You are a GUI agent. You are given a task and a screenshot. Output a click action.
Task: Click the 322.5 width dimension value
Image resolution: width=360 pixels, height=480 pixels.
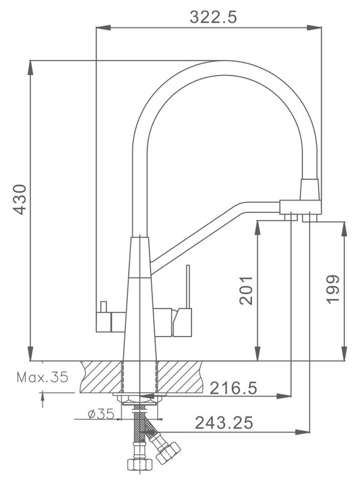(x=213, y=16)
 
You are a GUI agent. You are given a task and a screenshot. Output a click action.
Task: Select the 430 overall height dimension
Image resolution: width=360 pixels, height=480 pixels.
(x=20, y=199)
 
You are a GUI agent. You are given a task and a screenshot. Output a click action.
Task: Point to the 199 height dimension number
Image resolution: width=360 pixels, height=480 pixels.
(x=333, y=289)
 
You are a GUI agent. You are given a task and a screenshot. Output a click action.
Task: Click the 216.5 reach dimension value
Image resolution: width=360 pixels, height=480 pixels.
(x=234, y=388)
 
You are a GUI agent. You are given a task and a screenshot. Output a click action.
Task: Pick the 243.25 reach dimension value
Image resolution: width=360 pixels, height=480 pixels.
(x=223, y=423)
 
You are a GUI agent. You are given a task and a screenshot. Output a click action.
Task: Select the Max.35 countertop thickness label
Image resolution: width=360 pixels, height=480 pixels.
(x=42, y=378)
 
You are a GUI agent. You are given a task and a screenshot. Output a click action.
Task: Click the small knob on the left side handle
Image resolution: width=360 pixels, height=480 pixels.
(x=103, y=306)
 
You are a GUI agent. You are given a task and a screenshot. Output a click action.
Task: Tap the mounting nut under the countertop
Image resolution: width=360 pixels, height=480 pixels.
(x=139, y=398)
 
